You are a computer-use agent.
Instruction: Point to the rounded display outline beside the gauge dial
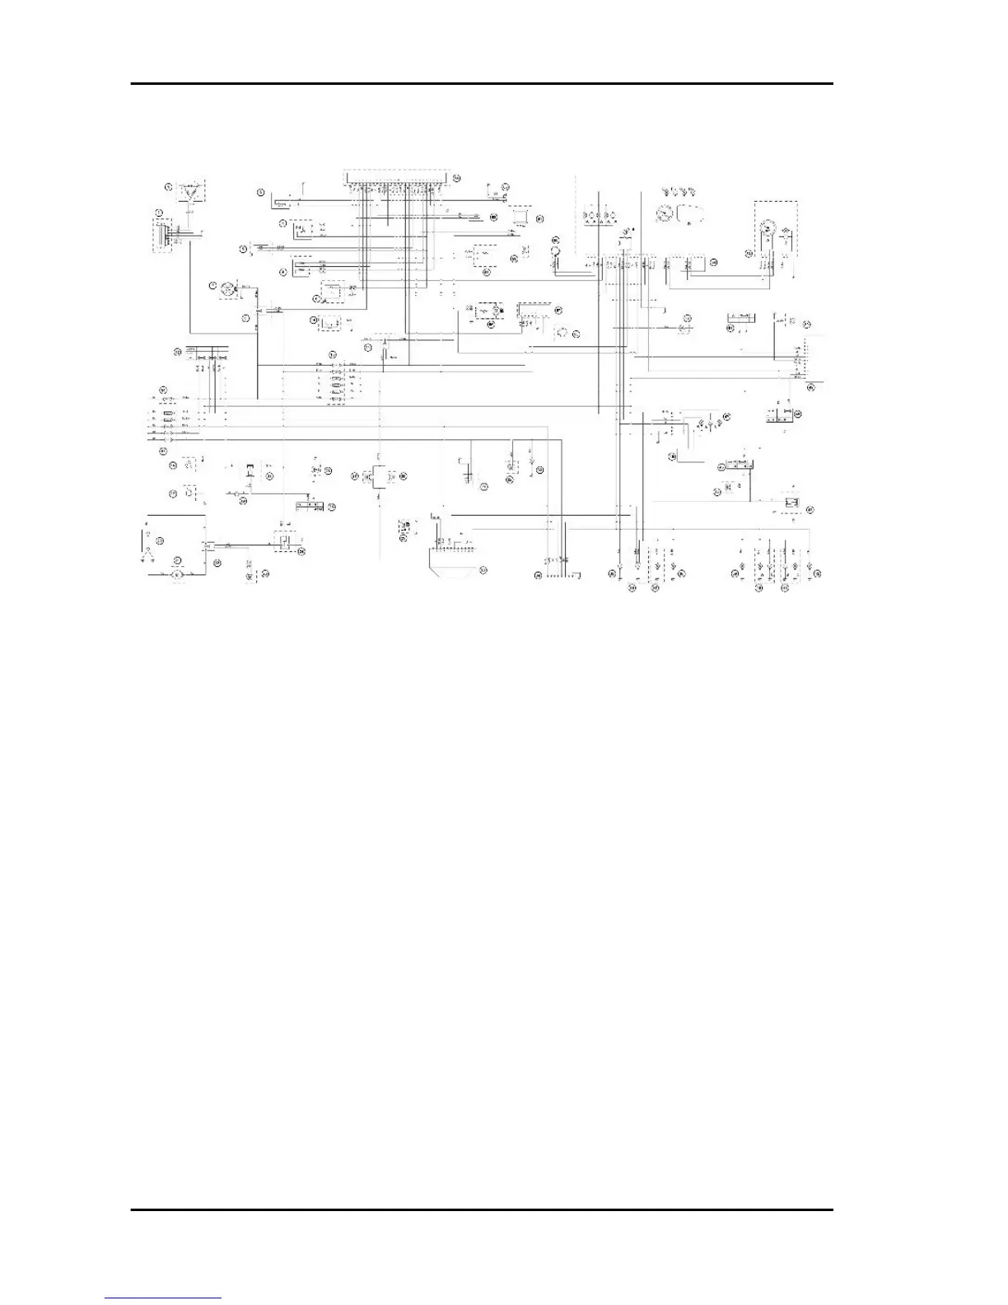click(690, 213)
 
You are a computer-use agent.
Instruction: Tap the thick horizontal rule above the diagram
click(483, 83)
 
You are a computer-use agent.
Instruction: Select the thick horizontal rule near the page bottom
click(483, 1209)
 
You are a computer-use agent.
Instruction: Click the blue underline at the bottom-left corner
click(163, 1298)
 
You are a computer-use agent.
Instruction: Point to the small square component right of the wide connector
click(520, 215)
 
